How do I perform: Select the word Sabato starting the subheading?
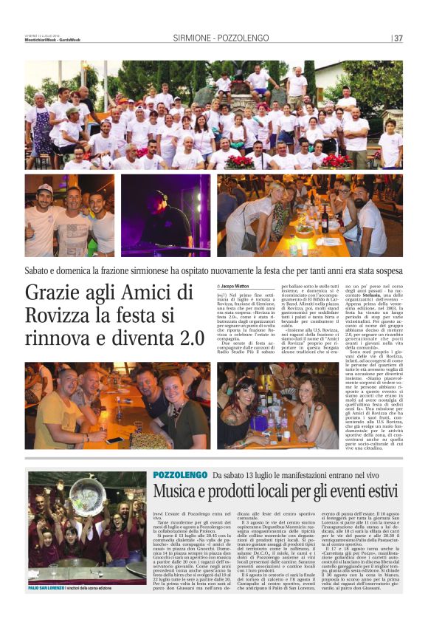coord(42,270)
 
